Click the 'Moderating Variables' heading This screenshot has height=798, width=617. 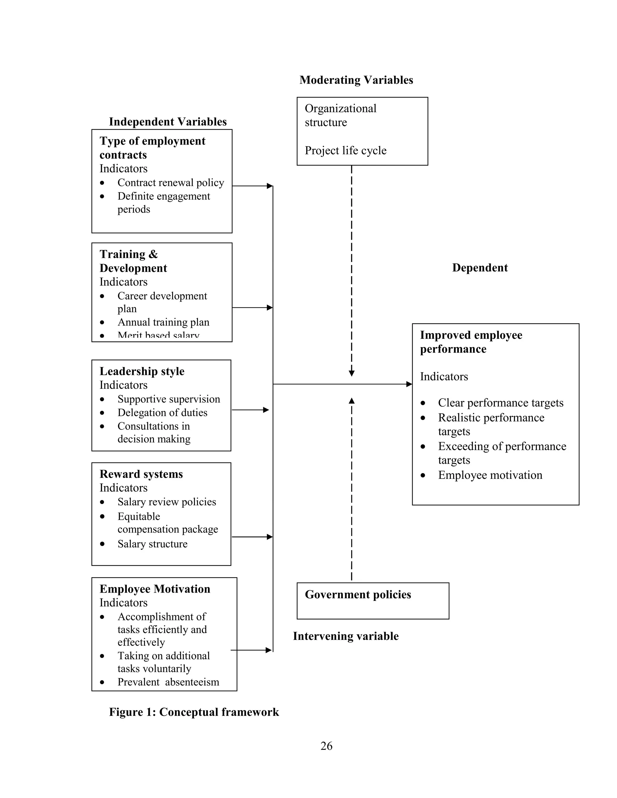356,80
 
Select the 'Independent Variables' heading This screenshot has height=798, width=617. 168,122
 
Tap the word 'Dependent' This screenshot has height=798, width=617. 480,268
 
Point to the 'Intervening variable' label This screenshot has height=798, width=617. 346,636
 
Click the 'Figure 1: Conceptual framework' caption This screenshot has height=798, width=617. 194,712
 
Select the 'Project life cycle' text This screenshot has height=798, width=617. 346,151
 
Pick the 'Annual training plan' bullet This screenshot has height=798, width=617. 163,322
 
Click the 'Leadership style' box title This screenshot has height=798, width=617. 142,371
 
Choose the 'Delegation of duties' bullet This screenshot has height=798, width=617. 162,413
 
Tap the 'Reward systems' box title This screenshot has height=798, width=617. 141,474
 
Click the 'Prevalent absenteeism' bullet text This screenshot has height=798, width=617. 168,682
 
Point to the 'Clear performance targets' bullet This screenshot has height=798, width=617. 500,403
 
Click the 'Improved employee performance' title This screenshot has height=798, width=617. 471,342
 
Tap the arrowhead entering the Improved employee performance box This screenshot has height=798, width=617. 409,384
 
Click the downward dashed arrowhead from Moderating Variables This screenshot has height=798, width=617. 351,373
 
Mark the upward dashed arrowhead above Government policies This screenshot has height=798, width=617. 351,401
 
